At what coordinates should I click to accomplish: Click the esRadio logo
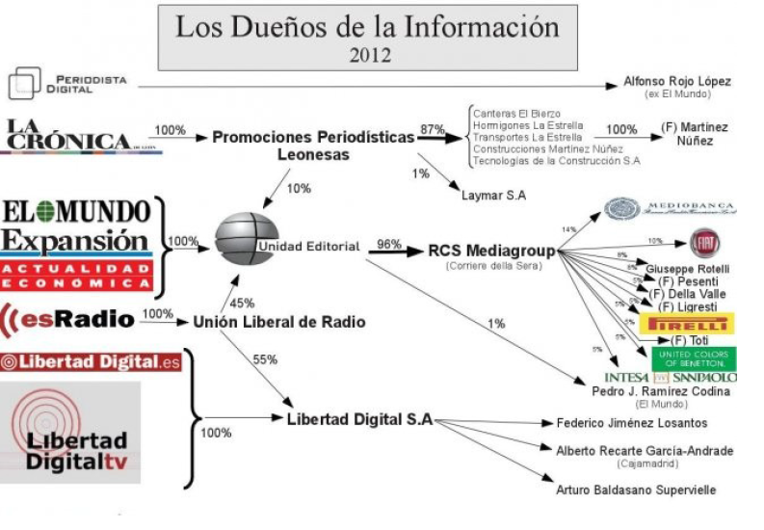pos(67,316)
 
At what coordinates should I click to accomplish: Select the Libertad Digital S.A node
pos(359,419)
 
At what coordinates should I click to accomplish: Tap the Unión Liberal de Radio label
pos(279,322)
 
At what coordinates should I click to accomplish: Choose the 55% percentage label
pos(264,358)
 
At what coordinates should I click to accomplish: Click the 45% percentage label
pos(242,304)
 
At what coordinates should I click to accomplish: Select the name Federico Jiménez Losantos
pos(631,423)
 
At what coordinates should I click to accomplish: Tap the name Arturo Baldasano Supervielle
pos(636,490)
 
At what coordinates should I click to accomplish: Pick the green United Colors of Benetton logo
pos(693,358)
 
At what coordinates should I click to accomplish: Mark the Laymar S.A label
pos(493,196)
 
